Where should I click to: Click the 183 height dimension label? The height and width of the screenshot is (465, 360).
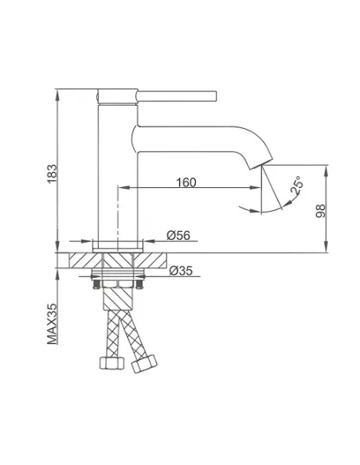click(52, 174)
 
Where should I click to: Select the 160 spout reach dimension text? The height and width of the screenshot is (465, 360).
click(186, 182)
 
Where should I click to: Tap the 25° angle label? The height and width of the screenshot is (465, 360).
click(297, 185)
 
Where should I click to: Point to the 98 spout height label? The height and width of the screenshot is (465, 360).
click(320, 211)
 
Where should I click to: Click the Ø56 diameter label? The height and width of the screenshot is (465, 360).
click(178, 235)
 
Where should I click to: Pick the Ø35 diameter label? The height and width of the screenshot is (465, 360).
click(181, 271)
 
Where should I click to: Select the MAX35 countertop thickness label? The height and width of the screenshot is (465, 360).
click(52, 323)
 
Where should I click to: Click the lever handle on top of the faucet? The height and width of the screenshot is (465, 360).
click(177, 96)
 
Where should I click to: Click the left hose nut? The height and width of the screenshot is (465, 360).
click(112, 363)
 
